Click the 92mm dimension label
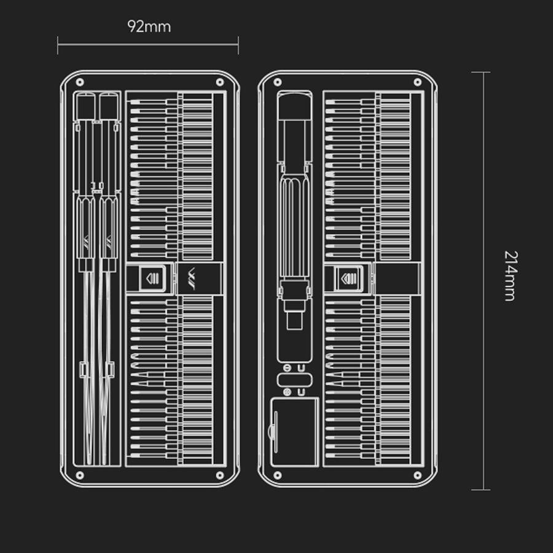[149, 26]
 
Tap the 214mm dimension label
[511, 275]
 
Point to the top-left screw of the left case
[80, 82]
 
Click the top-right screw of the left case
[220, 82]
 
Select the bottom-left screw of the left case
[80, 475]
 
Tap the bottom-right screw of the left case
[220, 475]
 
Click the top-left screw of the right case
[278, 82]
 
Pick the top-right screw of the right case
[418, 82]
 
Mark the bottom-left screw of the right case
[278, 475]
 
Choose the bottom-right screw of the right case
[418, 475]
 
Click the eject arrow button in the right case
[349, 278]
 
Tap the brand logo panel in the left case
[200, 278]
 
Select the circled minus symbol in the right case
[288, 369]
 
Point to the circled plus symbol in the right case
[288, 392]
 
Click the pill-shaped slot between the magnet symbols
[294, 380]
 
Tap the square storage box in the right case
[294, 432]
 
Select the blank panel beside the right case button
[398, 278]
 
